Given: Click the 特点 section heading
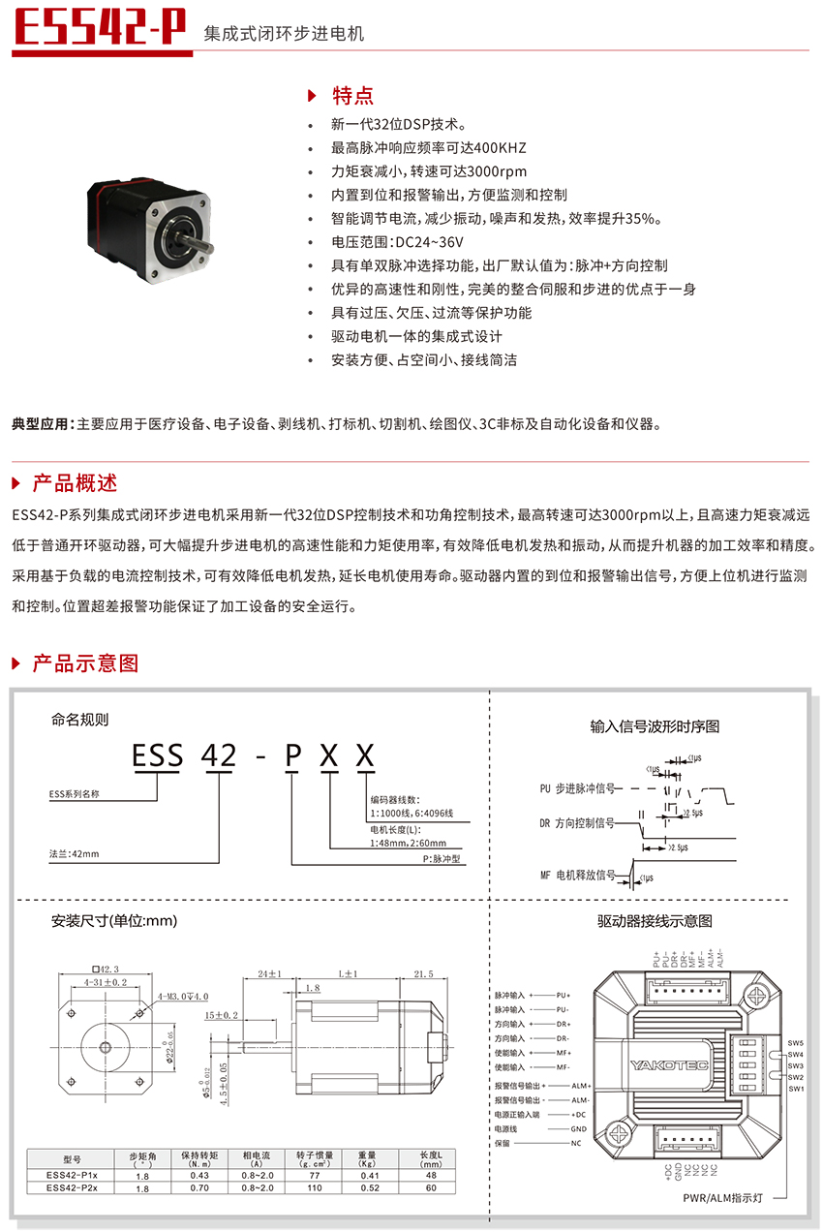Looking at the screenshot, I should click(352, 95).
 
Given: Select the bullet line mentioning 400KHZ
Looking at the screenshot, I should click(428, 148).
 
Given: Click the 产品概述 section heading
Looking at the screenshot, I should click(75, 482).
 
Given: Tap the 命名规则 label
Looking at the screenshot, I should click(80, 720).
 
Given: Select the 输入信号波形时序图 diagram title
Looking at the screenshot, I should click(655, 726).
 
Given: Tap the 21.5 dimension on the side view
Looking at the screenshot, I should click(423, 974).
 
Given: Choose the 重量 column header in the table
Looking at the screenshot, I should click(367, 1156).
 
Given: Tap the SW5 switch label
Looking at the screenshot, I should click(795, 1043).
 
